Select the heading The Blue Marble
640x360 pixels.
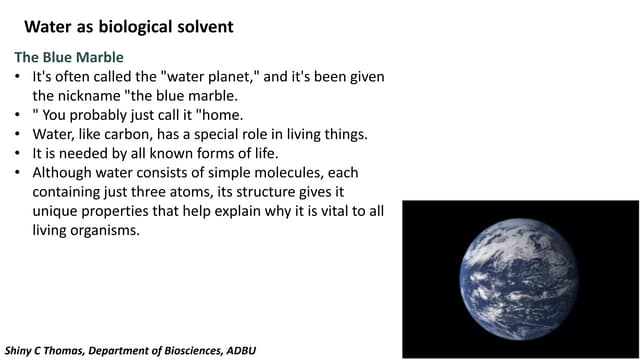pos(68,58)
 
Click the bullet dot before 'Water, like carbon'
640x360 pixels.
pos(19,134)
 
